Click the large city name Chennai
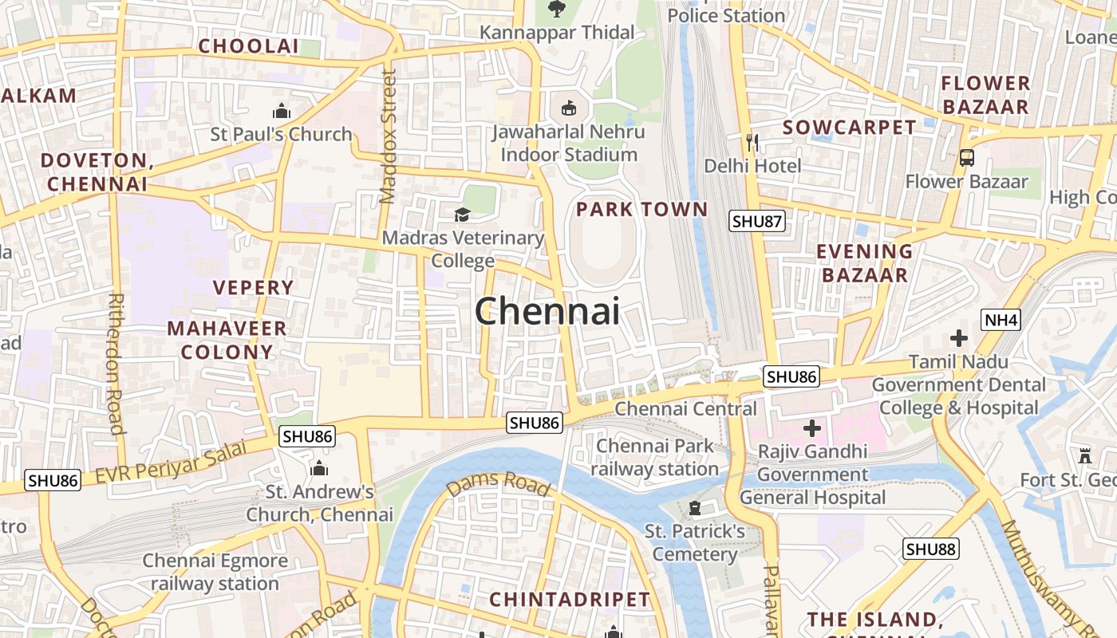coord(547,310)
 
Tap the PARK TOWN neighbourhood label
coord(641,210)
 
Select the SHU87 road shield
coord(757,222)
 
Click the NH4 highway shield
coord(1001,321)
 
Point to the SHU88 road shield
coord(931,549)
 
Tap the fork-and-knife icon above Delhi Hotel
coord(752,143)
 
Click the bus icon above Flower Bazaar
coord(966,158)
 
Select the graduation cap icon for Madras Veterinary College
coord(462,214)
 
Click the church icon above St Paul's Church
coord(281,111)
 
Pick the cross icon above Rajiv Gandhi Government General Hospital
coord(811,428)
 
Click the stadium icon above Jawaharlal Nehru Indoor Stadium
coord(568,108)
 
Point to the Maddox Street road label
coord(388,136)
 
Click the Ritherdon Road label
coord(116,364)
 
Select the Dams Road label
coord(499,482)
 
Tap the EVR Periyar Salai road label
coord(172,462)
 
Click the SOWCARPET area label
coord(849,128)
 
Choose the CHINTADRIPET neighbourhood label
coord(570,599)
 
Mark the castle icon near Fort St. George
coord(1084,456)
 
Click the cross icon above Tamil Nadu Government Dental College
coord(958,338)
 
